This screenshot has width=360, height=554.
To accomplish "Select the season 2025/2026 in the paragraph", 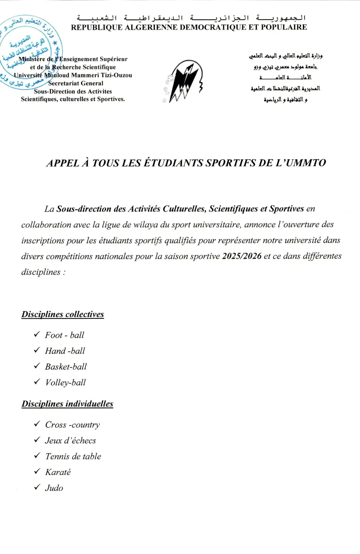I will (x=242, y=256).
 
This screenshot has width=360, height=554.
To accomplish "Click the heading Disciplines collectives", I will (x=63, y=314).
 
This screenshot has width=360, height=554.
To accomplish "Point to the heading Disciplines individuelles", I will (x=67, y=404).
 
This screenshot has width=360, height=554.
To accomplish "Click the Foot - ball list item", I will (x=65, y=335).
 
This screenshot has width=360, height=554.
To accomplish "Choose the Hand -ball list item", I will (x=65, y=351).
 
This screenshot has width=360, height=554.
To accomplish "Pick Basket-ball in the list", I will (x=66, y=367).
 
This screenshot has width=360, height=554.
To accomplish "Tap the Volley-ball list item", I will (x=65, y=382).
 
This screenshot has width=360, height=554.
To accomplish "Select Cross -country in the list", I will (x=72, y=425).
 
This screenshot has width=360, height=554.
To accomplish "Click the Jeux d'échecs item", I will (x=70, y=440).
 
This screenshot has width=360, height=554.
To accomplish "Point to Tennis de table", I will (x=73, y=456).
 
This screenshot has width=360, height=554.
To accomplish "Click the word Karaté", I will (x=58, y=472).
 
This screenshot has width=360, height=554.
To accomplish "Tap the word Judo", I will (x=54, y=488).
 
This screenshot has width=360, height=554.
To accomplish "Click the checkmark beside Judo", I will (x=37, y=488).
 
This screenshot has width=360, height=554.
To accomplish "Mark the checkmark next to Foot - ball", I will (x=37, y=335).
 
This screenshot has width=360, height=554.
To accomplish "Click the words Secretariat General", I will (x=76, y=83).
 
